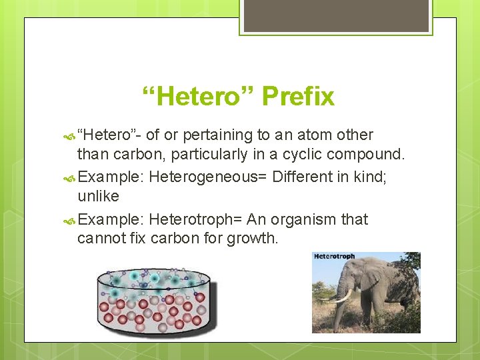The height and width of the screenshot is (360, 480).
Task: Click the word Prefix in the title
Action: click(298, 97)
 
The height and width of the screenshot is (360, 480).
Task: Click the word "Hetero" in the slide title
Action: click(199, 97)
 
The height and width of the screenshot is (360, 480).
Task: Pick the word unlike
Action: click(98, 196)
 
